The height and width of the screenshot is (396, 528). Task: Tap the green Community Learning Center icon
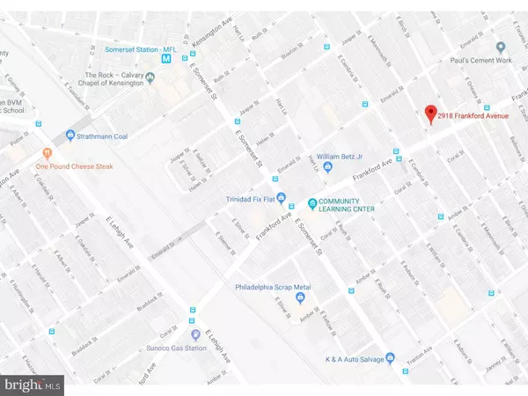312,205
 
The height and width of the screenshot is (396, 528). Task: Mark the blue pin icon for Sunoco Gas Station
195,334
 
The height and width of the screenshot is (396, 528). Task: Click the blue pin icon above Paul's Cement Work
500,48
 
